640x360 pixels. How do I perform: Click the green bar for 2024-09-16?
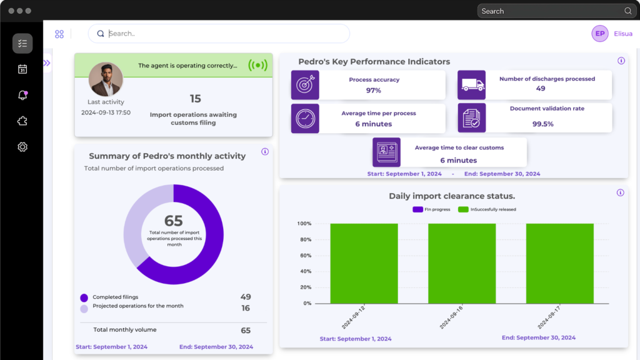[x=462, y=263]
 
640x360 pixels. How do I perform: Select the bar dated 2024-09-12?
[x=364, y=263]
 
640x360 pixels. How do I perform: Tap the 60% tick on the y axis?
[x=304, y=256]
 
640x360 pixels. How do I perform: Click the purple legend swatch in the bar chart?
[x=417, y=209]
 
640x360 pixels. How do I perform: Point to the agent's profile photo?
[x=106, y=79]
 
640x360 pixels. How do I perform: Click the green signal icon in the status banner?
[x=257, y=65]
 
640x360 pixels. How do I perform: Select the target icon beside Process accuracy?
[x=305, y=84]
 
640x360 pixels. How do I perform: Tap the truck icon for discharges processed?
[x=472, y=84]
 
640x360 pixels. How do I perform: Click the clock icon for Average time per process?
[x=305, y=118]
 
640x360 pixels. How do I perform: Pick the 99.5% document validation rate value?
[x=542, y=124]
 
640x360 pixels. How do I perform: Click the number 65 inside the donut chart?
[x=173, y=221]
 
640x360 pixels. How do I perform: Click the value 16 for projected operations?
[x=246, y=308]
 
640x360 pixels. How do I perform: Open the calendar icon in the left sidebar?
[x=22, y=69]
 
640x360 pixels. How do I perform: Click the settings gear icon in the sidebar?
[x=22, y=147]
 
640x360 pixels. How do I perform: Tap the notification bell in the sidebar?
[x=22, y=95]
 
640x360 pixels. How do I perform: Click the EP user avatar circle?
[x=600, y=34]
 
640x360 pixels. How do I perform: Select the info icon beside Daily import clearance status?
[x=621, y=192]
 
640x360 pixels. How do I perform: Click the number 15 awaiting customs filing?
[x=195, y=99]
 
